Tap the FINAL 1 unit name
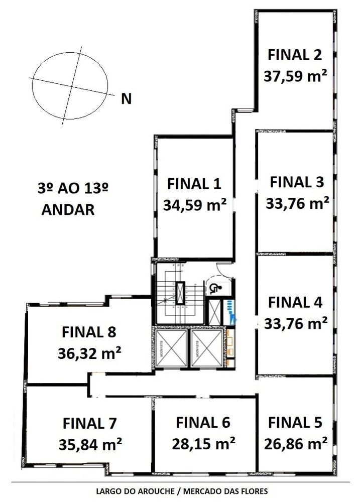click(194, 184)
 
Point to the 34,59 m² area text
click(194, 205)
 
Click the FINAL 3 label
click(296, 182)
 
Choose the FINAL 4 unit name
click(295, 302)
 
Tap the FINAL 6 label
click(203, 423)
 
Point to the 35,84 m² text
click(90, 444)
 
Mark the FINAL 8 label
click(89, 332)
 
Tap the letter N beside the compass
click(127, 99)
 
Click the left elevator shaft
click(171, 348)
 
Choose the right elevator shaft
click(205, 348)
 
